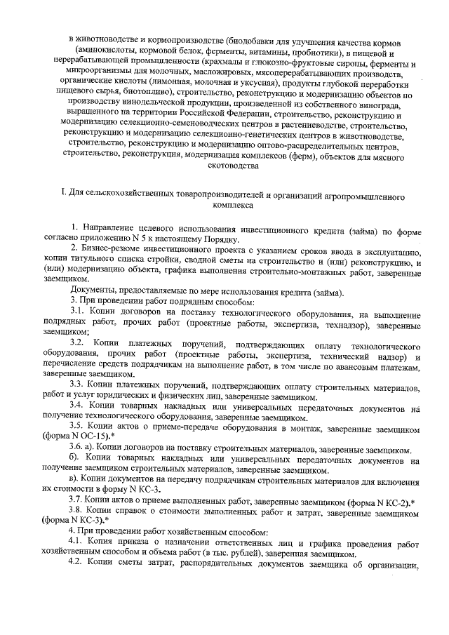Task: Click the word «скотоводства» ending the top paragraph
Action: click(x=224, y=166)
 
